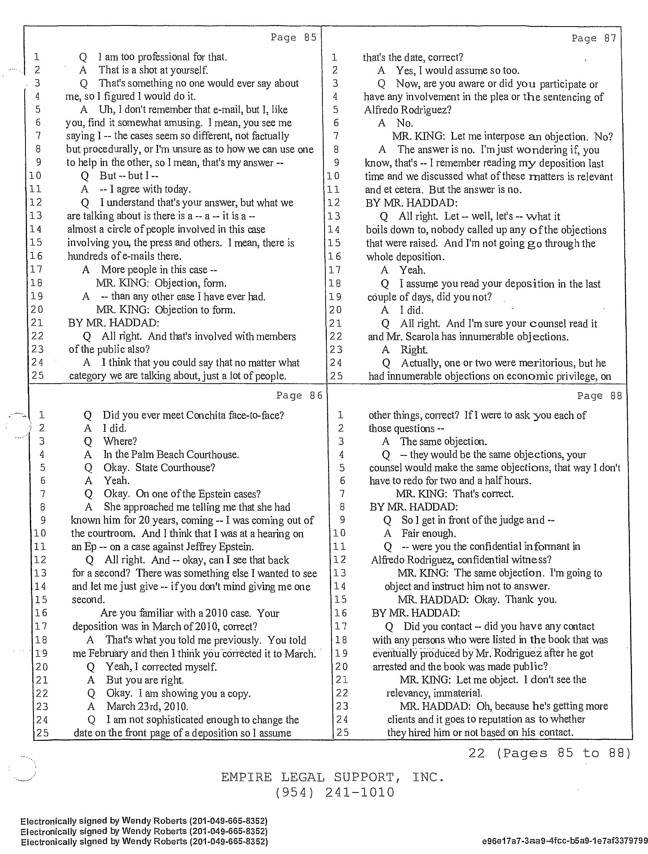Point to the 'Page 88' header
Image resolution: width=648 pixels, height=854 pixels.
[x=599, y=396]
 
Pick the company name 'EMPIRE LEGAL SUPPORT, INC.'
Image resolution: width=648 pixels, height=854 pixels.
[x=333, y=777]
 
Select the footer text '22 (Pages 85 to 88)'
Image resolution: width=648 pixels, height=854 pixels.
[x=549, y=753]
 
